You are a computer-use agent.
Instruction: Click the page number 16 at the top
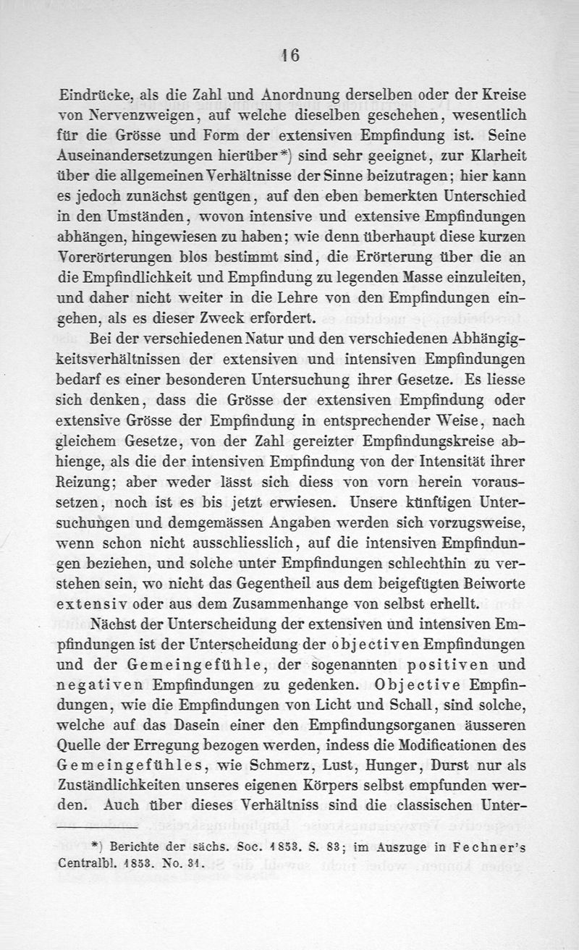(x=291, y=56)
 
